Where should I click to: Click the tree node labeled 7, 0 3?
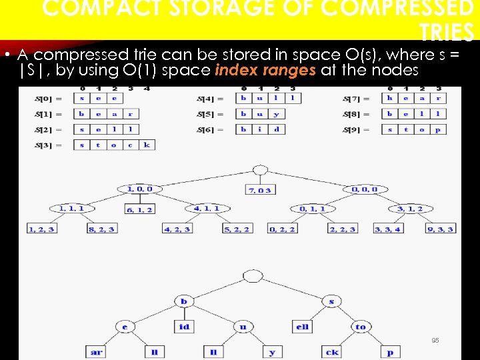click(x=260, y=190)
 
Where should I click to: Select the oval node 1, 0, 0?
click(x=139, y=189)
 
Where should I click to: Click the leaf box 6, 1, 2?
click(x=139, y=209)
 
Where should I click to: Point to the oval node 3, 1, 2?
click(x=409, y=209)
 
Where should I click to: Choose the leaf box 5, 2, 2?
click(x=237, y=229)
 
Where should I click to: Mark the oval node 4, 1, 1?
click(x=206, y=209)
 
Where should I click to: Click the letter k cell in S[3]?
click(x=147, y=145)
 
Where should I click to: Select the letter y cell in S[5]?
click(x=277, y=113)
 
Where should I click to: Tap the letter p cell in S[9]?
click(x=437, y=129)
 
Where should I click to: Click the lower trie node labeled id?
click(x=184, y=327)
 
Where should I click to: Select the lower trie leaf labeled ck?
click(x=332, y=351)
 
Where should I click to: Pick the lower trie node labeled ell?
click(x=302, y=327)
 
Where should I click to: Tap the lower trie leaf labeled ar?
click(x=96, y=351)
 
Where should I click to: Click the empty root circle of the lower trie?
click(x=253, y=276)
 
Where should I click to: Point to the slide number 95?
click(x=435, y=340)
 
